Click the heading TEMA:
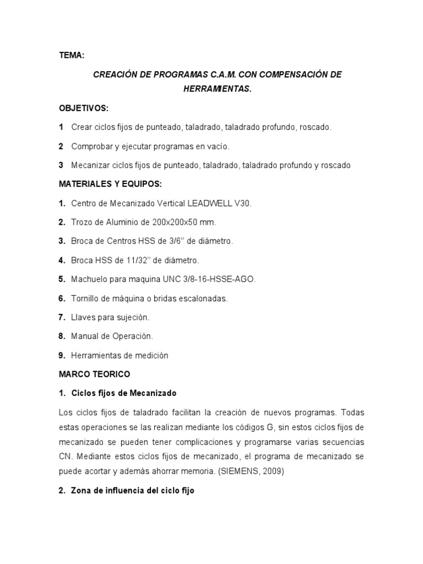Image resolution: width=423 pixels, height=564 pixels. (x=72, y=55)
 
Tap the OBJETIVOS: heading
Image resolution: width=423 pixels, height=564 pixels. (x=84, y=108)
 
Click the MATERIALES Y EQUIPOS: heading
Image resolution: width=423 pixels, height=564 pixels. (x=111, y=184)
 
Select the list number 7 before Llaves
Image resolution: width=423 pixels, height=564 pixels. (x=62, y=317)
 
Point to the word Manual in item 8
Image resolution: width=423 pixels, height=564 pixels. (x=85, y=336)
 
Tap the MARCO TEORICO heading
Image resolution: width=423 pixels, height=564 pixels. (x=94, y=374)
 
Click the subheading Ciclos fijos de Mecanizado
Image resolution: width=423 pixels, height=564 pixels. (x=124, y=393)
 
